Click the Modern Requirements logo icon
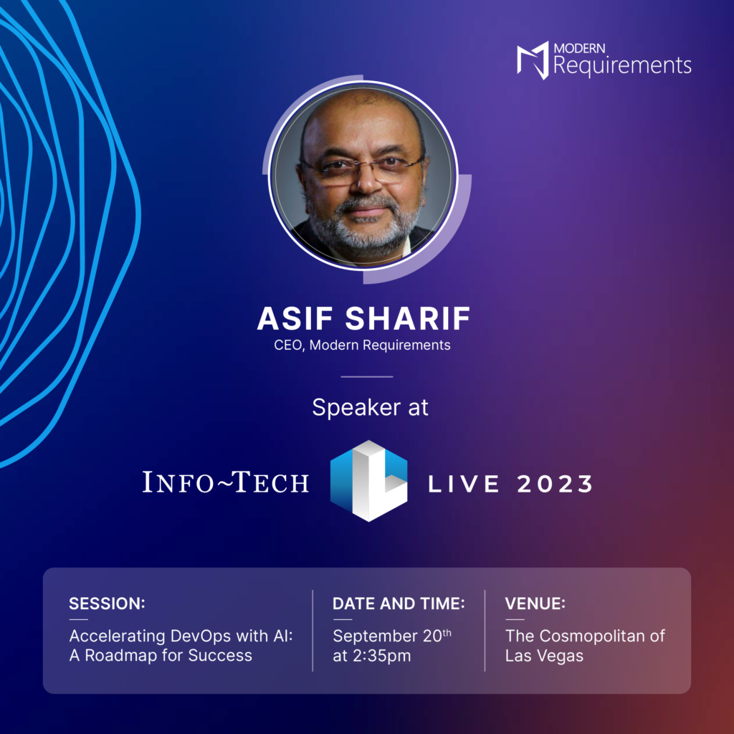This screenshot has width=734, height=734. tap(533, 60)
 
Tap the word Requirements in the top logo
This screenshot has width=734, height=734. tap(622, 66)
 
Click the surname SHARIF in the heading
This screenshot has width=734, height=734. tap(406, 319)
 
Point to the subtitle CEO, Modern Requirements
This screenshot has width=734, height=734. tap(362, 345)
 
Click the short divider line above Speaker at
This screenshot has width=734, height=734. tap(366, 376)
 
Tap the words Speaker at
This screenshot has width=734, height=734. tap(370, 407)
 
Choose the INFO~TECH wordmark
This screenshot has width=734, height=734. tap(226, 482)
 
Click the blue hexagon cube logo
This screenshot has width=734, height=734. tap(368, 480)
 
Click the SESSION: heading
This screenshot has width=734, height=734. tap(107, 604)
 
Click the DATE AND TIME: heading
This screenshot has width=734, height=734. tap(399, 604)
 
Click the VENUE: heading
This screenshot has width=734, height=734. tap(535, 604)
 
